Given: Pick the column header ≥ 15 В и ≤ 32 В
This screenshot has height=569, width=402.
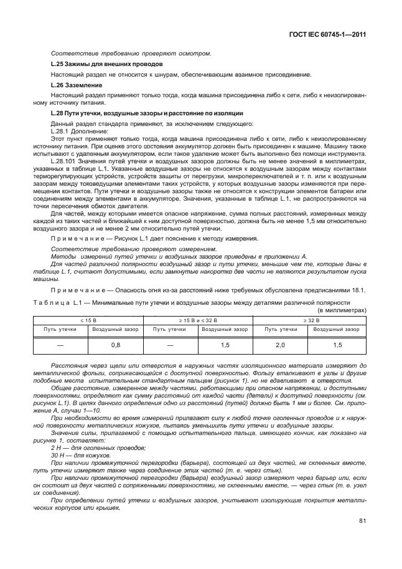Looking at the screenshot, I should coord(198,320).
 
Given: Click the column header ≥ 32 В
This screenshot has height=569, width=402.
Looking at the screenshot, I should coord(309,320).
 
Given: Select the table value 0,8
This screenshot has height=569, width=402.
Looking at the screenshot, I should coord(115,345).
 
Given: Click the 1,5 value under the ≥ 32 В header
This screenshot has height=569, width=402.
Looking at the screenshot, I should coord(337,345).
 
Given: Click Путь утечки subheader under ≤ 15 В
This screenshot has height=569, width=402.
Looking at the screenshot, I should coord(60,329).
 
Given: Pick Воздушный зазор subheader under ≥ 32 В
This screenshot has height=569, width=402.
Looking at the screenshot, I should coord(337,329).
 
